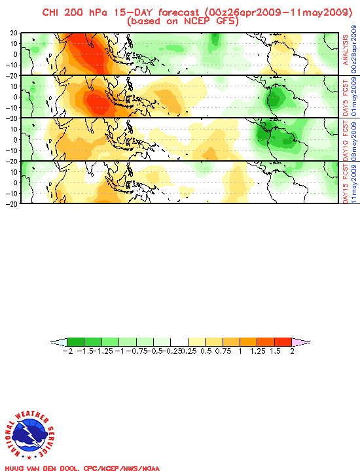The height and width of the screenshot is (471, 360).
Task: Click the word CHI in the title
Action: click(x=52, y=12)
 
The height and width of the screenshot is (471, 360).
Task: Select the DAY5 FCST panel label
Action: click(x=346, y=96)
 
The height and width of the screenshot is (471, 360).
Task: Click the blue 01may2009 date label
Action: click(x=354, y=96)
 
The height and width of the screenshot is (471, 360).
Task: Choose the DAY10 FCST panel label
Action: click(x=346, y=139)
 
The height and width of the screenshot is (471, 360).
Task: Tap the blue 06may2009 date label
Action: click(x=354, y=139)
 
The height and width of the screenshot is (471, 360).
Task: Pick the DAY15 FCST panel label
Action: click(x=346, y=182)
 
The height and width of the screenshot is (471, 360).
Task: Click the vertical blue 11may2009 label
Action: click(x=354, y=182)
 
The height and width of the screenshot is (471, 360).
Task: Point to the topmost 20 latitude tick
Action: click(x=13, y=33)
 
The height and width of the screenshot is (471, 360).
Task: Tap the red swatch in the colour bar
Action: click(x=283, y=342)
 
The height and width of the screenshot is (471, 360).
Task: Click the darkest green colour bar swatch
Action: click(x=75, y=342)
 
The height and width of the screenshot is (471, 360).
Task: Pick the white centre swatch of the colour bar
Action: click(x=179, y=342)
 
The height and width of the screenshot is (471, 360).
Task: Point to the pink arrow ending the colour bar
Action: click(x=300, y=342)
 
